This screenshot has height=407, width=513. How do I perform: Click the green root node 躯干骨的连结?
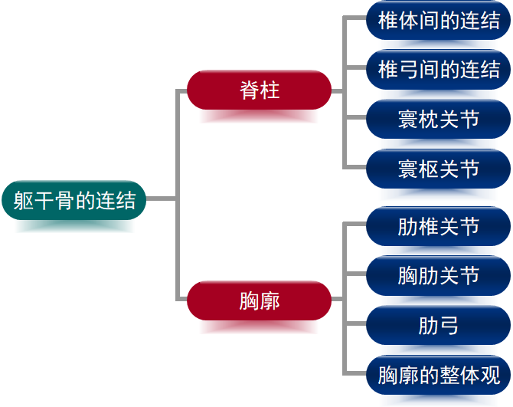pos(74,201)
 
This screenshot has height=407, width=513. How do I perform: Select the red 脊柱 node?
pos(259,90)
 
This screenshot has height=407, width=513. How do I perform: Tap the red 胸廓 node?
pos(259,300)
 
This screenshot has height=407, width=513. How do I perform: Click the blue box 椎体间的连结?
pos(439,21)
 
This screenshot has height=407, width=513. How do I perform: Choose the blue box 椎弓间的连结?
pos(439,70)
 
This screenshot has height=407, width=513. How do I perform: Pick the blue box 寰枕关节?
pos(439,120)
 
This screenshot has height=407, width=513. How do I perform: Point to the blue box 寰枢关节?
pos(439,169)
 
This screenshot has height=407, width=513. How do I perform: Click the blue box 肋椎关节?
pos(439,227)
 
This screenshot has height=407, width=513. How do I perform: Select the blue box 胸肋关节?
pos(439,276)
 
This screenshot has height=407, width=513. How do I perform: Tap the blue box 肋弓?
pos(439,326)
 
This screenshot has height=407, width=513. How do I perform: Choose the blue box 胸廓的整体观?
pos(439,376)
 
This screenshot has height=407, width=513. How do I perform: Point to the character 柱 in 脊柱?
pos(270,90)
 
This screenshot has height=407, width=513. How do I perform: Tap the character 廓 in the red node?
pos(270,300)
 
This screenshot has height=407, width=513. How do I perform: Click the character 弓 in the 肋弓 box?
pos(449,326)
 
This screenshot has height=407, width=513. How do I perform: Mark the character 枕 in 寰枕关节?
pos(429,120)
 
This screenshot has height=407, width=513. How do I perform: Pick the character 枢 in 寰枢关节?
pos(429,169)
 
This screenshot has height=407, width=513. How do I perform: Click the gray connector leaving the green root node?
pos(161,199)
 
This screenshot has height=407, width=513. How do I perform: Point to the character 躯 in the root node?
pos(23,201)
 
